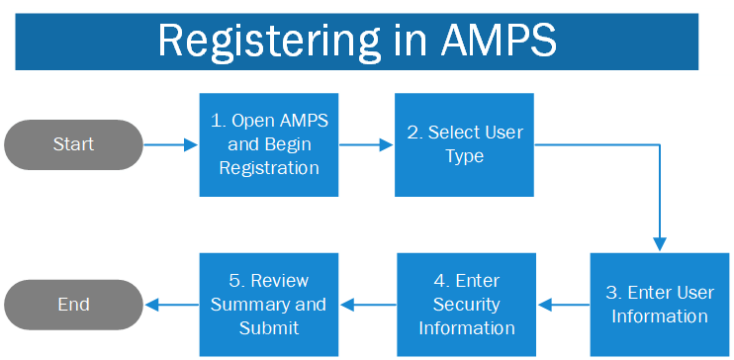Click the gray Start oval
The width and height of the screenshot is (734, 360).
pyautogui.click(x=74, y=144)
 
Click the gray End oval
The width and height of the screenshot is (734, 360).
pyautogui.click(x=74, y=305)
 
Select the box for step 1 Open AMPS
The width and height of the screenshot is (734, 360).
pyautogui.click(x=268, y=144)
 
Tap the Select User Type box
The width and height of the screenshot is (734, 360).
pyautogui.click(x=464, y=144)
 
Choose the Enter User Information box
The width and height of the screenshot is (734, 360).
pyautogui.click(x=659, y=305)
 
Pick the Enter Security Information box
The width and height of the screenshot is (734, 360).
pyautogui.click(x=466, y=305)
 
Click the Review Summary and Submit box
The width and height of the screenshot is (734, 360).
pyautogui.click(x=268, y=305)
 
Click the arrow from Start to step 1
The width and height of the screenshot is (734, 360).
pyautogui.click(x=171, y=144)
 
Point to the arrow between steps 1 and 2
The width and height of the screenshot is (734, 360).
pyautogui.click(x=366, y=144)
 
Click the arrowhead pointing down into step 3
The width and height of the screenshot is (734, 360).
pyautogui.click(x=660, y=244)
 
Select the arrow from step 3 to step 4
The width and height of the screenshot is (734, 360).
pyautogui.click(x=563, y=305)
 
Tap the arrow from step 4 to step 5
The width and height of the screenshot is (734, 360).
pyautogui.click(x=367, y=305)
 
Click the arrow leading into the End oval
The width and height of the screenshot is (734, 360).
pyautogui.click(x=171, y=305)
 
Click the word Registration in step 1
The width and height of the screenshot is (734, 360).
pyautogui.click(x=269, y=168)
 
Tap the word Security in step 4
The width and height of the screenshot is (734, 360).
pyautogui.click(x=466, y=305)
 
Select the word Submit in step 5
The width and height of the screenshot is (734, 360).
pyautogui.click(x=268, y=327)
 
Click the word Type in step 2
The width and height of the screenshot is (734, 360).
pyautogui.click(x=464, y=156)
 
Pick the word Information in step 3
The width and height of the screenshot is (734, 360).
pyautogui.click(x=659, y=316)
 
